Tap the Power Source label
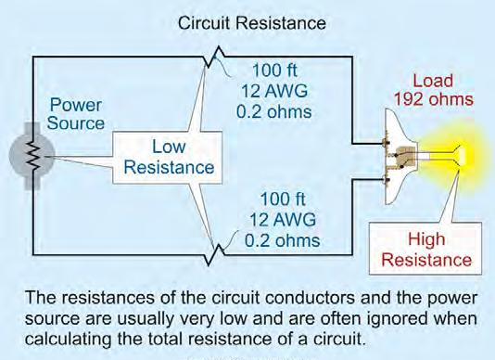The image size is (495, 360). tap(77, 113)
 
